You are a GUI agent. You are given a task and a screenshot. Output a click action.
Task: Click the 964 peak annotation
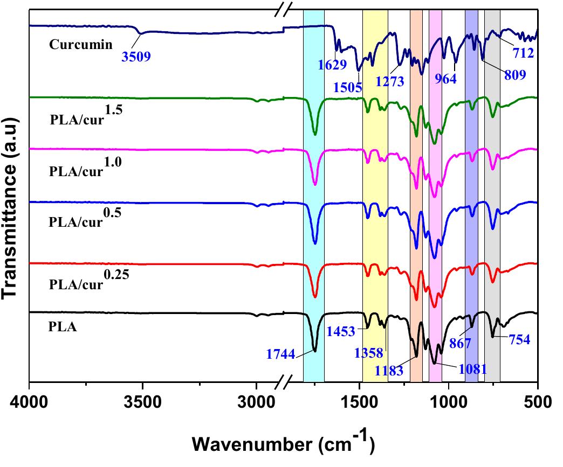[446, 79]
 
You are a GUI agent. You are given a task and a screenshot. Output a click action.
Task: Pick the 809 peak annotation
[514, 75]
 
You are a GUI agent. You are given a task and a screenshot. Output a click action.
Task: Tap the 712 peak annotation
[523, 53]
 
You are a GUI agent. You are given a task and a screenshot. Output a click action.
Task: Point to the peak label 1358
[369, 353]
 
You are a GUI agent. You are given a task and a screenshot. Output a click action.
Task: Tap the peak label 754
[516, 340]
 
